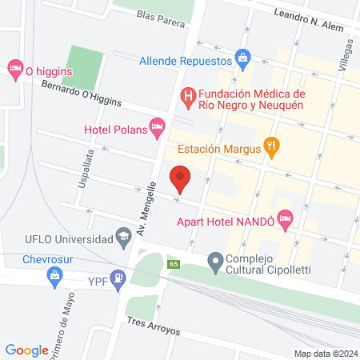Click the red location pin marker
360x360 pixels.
point(180,179)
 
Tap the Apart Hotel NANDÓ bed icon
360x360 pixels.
point(286,222)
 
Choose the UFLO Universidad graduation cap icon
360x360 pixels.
point(123,236)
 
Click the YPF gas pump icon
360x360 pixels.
point(119,278)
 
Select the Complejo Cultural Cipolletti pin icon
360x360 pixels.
point(214,260)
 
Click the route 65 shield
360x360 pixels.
point(173,264)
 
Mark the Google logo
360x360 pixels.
point(27,350)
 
